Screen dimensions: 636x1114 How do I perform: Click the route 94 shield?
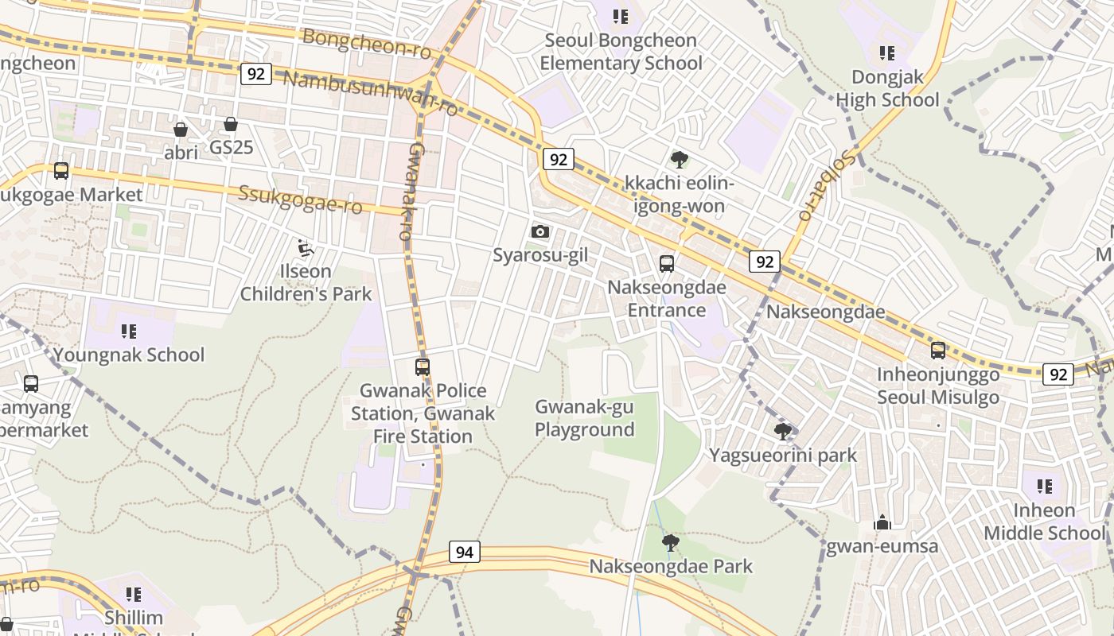tap(465, 551)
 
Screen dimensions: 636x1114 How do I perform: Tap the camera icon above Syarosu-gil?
tap(540, 231)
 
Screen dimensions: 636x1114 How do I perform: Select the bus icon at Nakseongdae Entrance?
tap(667, 264)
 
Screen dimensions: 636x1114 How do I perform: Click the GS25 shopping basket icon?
tap(231, 124)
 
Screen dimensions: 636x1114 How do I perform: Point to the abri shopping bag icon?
tap(181, 129)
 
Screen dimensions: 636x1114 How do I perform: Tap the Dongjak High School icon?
tap(887, 53)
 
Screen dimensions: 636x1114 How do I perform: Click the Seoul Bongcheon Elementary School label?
tap(621, 52)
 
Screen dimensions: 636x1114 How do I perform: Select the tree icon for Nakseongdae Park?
tap(671, 543)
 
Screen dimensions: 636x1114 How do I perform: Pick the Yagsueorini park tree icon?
tap(783, 432)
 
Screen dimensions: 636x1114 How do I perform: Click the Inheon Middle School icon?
tap(1045, 486)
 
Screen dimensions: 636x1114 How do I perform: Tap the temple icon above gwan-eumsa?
tap(882, 522)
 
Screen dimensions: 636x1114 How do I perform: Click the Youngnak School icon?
tap(129, 331)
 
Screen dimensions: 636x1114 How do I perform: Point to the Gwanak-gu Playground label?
tap(584, 418)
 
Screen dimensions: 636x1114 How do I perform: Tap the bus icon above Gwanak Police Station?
tap(423, 366)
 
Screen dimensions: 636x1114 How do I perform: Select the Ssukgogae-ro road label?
tap(301, 200)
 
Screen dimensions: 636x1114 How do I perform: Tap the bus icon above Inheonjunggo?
tap(938, 351)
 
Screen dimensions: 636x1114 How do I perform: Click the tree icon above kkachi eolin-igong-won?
tap(680, 160)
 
